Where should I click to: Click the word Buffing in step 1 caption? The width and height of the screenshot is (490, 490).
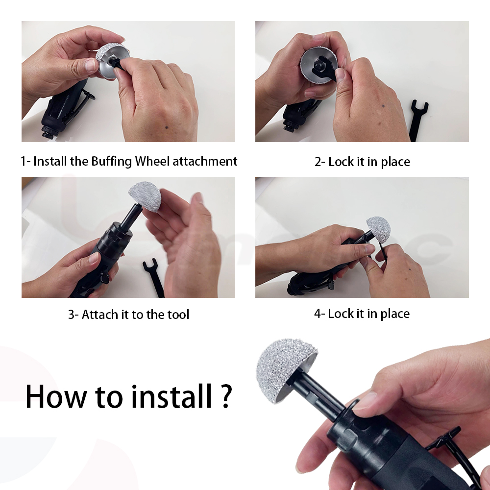(112, 162)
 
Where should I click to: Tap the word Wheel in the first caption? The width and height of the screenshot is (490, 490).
(152, 161)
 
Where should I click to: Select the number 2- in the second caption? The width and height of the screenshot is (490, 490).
(320, 162)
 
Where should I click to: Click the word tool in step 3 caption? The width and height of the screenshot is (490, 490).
(178, 315)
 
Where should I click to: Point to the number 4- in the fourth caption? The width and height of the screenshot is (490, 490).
(319, 314)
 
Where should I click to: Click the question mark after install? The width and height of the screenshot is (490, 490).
(226, 395)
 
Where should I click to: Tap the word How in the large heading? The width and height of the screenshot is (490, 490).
(56, 396)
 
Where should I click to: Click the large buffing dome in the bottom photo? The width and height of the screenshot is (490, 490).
(285, 369)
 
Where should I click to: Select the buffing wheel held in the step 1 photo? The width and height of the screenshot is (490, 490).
(111, 60)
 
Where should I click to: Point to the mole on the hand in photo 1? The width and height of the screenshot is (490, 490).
(166, 127)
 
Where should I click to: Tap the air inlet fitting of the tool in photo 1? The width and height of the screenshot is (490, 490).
(49, 132)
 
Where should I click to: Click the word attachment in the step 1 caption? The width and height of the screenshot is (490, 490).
(205, 162)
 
